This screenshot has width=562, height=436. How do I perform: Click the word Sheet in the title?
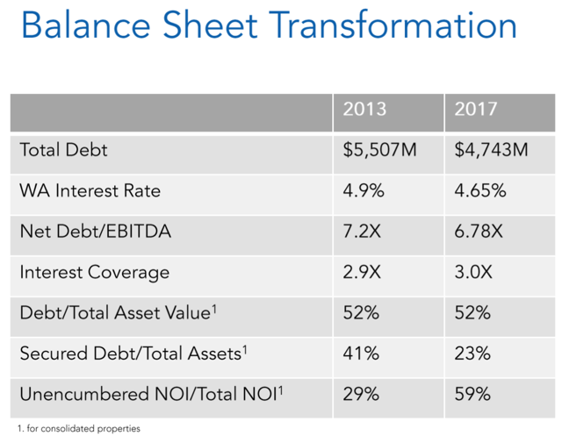(x=210, y=25)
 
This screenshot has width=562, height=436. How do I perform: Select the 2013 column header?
(x=364, y=109)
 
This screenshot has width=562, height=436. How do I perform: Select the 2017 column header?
(x=476, y=109)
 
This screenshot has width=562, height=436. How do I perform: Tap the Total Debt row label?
(x=63, y=150)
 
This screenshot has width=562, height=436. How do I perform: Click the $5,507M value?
(x=379, y=150)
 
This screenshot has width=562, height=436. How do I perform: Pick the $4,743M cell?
(x=491, y=150)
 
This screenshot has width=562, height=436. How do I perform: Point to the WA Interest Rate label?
(x=90, y=190)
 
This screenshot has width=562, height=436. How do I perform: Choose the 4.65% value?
(x=480, y=190)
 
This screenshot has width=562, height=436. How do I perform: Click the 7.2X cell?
(x=362, y=232)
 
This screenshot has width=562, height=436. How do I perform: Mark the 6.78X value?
(x=479, y=232)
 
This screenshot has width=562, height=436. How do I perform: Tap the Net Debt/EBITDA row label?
(x=96, y=232)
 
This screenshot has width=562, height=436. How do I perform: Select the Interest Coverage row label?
(x=95, y=273)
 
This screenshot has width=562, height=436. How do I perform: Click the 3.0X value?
(x=473, y=272)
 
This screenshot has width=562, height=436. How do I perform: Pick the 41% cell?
(x=361, y=354)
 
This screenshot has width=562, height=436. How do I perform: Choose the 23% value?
(x=472, y=354)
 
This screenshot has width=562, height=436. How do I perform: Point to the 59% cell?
(x=472, y=395)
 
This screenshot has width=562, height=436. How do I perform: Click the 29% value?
(x=361, y=395)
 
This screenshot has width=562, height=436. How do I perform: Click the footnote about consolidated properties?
(x=79, y=428)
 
